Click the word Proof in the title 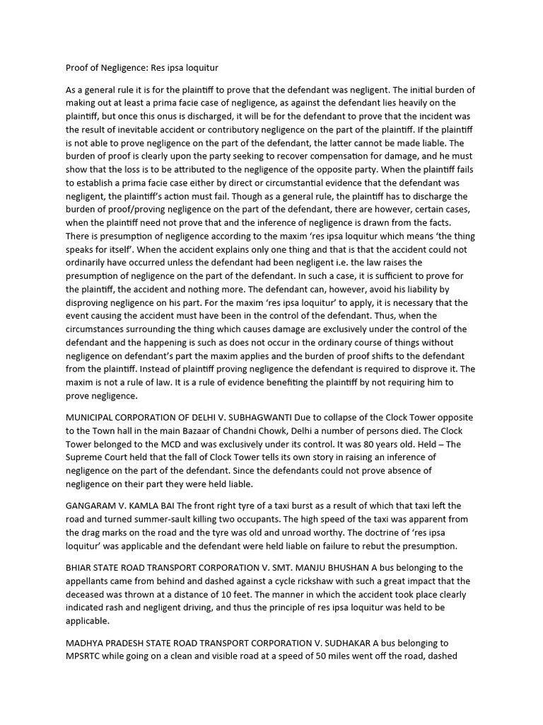[78, 69]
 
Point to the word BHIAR [80, 567]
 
